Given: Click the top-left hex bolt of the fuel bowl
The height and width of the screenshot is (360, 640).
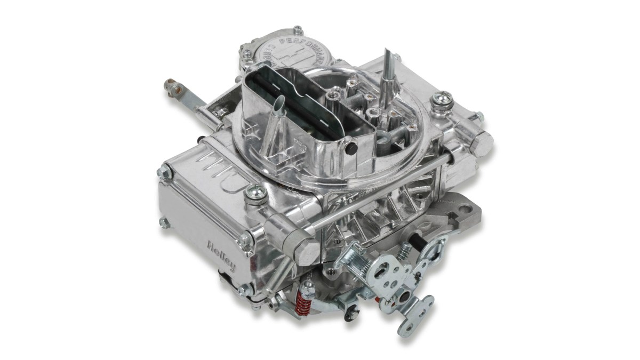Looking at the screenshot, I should (163, 172).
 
